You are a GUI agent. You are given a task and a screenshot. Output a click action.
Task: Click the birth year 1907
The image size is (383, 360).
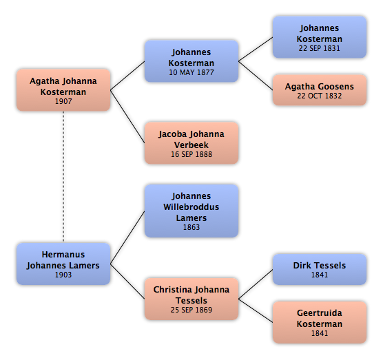63,101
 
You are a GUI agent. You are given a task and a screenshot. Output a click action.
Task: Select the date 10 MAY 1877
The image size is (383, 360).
191,72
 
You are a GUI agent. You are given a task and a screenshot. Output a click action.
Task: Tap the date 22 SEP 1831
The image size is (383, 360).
319,48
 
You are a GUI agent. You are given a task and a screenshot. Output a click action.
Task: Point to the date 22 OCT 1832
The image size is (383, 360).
319,96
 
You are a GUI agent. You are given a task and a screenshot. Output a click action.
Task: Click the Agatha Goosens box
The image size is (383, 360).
320,90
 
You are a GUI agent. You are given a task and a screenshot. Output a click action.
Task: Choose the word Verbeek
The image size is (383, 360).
191,145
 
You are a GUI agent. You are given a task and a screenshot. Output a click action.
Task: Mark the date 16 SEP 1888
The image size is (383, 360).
191,154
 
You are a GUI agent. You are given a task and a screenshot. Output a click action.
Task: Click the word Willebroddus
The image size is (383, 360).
191,207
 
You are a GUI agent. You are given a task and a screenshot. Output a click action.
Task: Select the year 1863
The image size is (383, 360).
191,227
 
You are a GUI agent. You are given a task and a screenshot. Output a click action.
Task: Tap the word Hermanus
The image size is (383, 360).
63,255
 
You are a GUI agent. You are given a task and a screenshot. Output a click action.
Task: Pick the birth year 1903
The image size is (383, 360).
63,275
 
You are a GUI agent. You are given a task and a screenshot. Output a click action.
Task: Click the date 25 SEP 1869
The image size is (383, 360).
191,310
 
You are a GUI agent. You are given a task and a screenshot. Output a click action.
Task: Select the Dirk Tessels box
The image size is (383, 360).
320,269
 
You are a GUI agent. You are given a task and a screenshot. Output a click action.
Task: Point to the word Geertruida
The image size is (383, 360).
319,313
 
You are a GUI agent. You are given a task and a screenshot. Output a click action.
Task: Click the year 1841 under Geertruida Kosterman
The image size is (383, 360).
319,333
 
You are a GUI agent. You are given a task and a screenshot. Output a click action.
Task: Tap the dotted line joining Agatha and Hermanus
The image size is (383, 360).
63,177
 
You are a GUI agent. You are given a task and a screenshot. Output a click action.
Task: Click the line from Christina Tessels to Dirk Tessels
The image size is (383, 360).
256,284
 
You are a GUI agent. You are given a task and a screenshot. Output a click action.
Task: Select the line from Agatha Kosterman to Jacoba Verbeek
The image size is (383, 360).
127,116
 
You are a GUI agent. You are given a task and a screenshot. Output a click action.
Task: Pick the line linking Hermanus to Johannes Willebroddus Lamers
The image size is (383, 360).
127,237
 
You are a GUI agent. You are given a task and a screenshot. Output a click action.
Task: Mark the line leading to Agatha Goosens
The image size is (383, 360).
256,76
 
